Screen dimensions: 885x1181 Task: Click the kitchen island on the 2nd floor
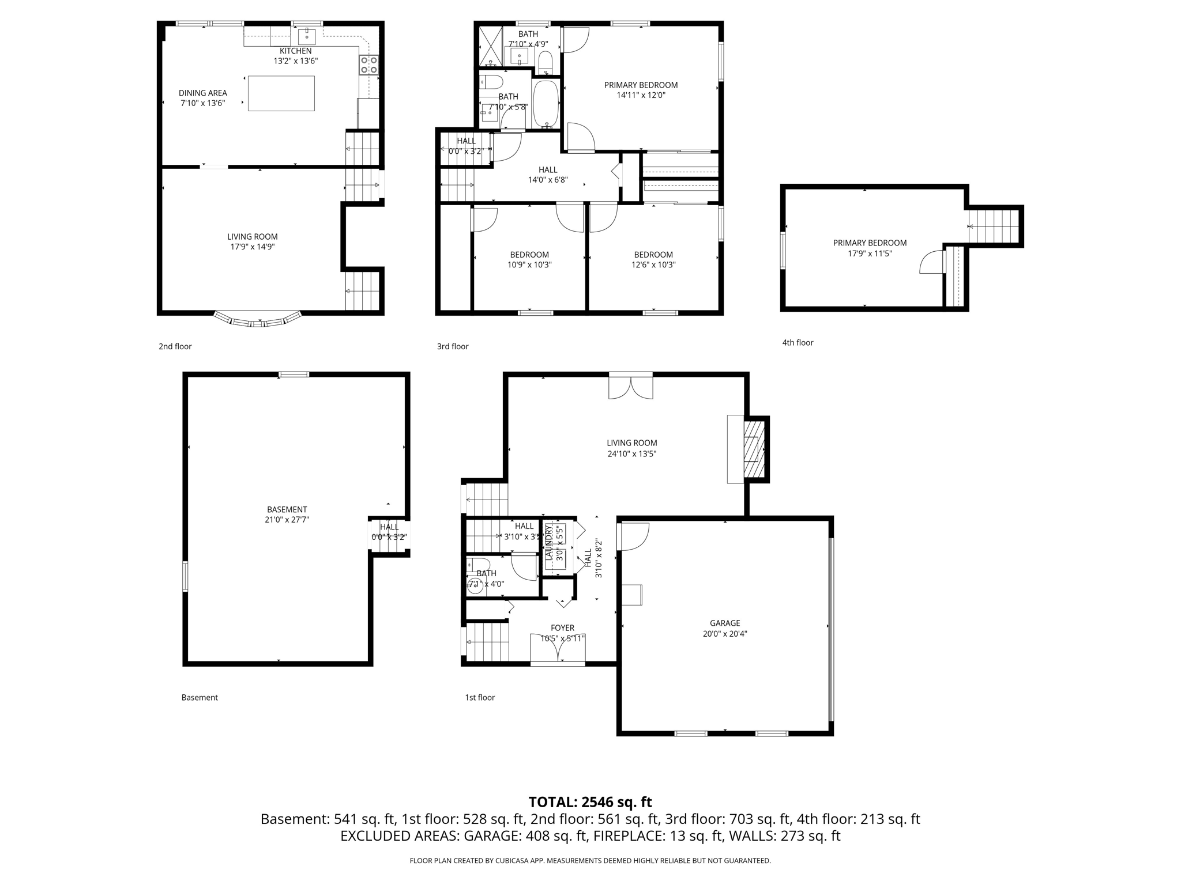point(281,93)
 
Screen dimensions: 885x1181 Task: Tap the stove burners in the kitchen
point(369,65)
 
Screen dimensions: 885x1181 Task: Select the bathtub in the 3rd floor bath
point(546,103)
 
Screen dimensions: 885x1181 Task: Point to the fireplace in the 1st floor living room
point(754,449)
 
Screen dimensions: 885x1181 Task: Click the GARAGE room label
point(725,623)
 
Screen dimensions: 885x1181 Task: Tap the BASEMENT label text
point(287,509)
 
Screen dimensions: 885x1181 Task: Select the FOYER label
point(562,628)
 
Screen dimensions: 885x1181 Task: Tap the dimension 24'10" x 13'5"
point(631,453)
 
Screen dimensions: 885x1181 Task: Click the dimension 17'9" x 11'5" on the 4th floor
point(870,253)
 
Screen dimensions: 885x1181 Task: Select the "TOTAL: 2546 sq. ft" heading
point(590,802)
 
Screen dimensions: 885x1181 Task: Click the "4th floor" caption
point(798,342)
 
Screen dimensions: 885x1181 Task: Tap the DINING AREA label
point(202,93)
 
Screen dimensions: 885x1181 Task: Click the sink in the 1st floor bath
point(475,586)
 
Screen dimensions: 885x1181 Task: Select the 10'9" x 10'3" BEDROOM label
point(529,255)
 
